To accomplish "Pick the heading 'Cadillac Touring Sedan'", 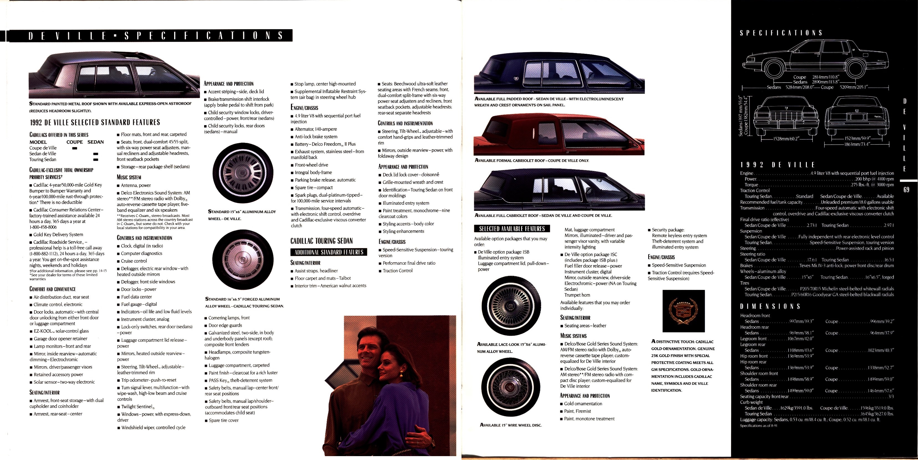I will pos(321,241).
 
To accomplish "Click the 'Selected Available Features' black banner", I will pos(512,229).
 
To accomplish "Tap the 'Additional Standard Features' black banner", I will pos(329,252).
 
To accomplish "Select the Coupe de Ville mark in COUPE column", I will pos(75,148).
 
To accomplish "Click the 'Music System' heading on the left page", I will pos(129,177).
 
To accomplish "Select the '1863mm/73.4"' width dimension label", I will pos(857,144).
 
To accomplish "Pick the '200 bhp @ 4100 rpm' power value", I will pos(874,179).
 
